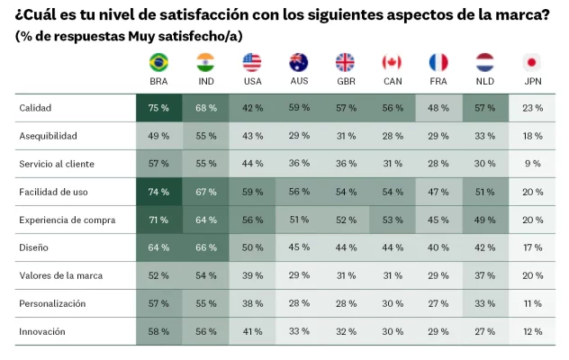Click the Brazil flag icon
click(x=158, y=62)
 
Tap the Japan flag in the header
click(x=532, y=62)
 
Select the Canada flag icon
click(x=392, y=62)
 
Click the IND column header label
click(x=205, y=81)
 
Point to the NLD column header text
click(x=485, y=81)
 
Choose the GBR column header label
click(x=345, y=81)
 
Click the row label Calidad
click(x=35, y=108)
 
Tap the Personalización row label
click(x=52, y=304)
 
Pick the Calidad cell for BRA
click(x=158, y=108)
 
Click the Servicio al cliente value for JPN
click(x=532, y=164)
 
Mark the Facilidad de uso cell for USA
click(x=252, y=192)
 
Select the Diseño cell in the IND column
click(x=205, y=248)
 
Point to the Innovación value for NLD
click(x=485, y=332)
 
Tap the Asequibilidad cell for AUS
click(x=299, y=136)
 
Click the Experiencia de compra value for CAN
click(x=392, y=220)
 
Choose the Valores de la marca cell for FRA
click(x=438, y=276)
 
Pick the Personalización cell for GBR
click(x=345, y=304)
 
